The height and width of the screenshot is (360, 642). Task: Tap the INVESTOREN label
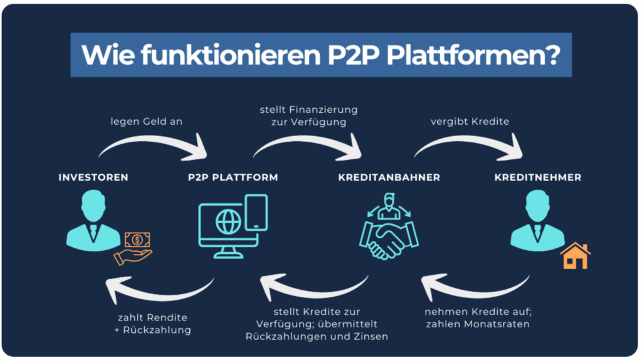click(x=93, y=177)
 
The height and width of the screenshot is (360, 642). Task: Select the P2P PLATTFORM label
click(x=233, y=177)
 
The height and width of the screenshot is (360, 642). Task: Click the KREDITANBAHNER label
click(x=389, y=177)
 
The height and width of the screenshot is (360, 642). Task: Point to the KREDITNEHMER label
click(x=537, y=177)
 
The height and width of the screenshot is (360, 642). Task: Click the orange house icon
click(x=575, y=255)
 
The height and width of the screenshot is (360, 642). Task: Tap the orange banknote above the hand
click(x=136, y=240)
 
